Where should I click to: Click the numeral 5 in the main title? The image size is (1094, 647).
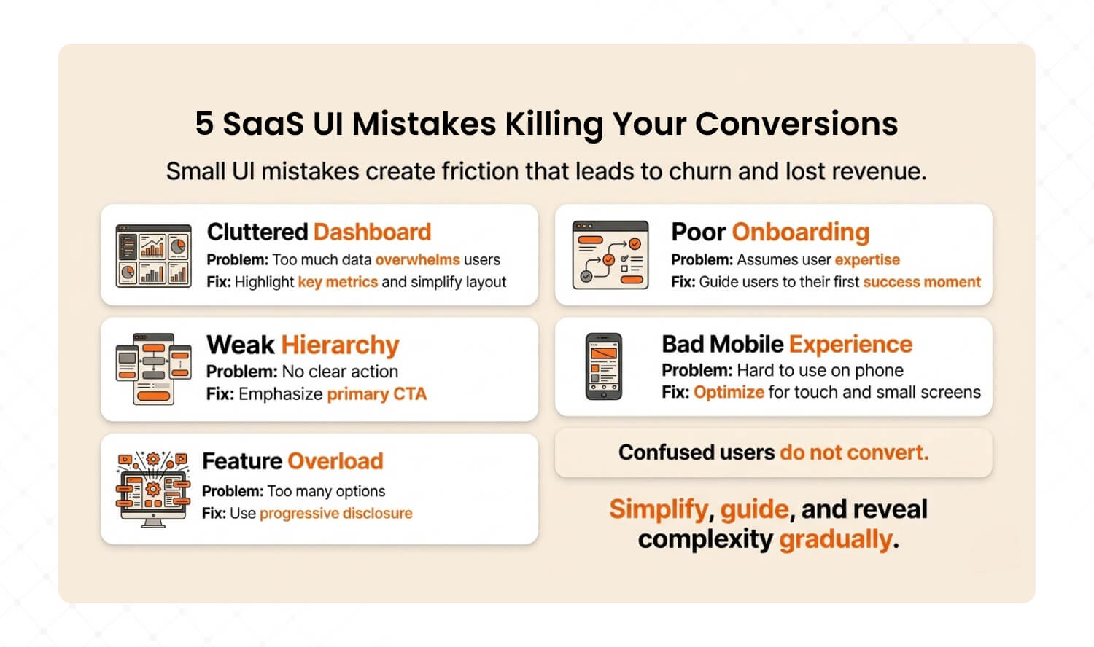204,123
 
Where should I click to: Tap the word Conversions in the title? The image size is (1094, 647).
796,123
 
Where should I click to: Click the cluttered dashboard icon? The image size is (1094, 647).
153,255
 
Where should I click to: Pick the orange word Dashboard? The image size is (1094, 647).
372,232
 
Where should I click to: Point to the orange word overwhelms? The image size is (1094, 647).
418,259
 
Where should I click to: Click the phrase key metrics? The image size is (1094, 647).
338,282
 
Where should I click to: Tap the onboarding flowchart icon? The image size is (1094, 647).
610,255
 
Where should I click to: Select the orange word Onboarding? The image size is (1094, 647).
801,232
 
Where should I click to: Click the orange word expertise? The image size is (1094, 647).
867,260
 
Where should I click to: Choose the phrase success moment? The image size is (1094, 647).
922,282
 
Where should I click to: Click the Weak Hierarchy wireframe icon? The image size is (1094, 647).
153,369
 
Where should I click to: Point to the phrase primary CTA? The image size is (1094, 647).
376,393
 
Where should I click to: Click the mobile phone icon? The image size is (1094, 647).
604,366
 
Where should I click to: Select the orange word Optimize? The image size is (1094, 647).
729,392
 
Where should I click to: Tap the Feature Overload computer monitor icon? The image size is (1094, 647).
153,490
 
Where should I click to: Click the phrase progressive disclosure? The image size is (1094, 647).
336,514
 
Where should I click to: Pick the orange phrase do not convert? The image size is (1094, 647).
854,452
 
